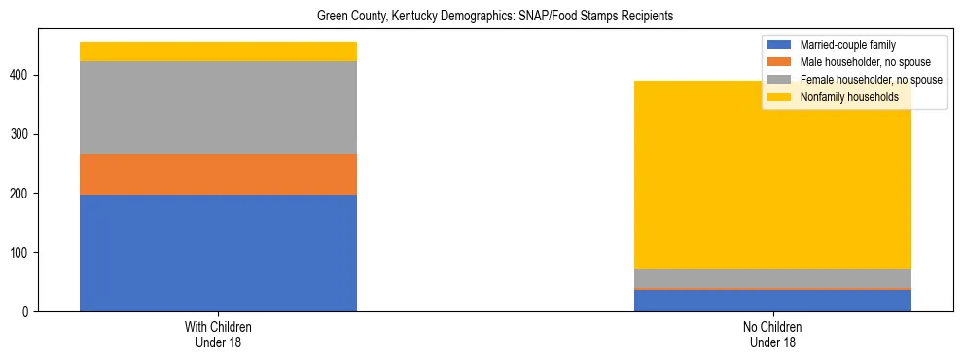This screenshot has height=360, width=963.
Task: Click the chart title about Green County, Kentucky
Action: click(495, 17)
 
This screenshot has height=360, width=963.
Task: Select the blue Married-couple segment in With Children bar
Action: click(218, 253)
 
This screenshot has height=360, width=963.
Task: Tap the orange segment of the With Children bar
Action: click(218, 174)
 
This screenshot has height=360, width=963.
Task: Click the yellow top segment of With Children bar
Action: click(218, 52)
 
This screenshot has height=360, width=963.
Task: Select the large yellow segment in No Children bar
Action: click(772, 175)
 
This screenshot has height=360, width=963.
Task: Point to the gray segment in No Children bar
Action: click(772, 278)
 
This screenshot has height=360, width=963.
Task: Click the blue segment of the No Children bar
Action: click(772, 301)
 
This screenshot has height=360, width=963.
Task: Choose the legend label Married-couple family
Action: click(847, 45)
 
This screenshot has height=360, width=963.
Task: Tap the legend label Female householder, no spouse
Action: click(866, 80)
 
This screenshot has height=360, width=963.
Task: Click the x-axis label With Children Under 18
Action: click(218, 334)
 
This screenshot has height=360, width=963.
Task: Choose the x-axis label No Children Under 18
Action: click(772, 334)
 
